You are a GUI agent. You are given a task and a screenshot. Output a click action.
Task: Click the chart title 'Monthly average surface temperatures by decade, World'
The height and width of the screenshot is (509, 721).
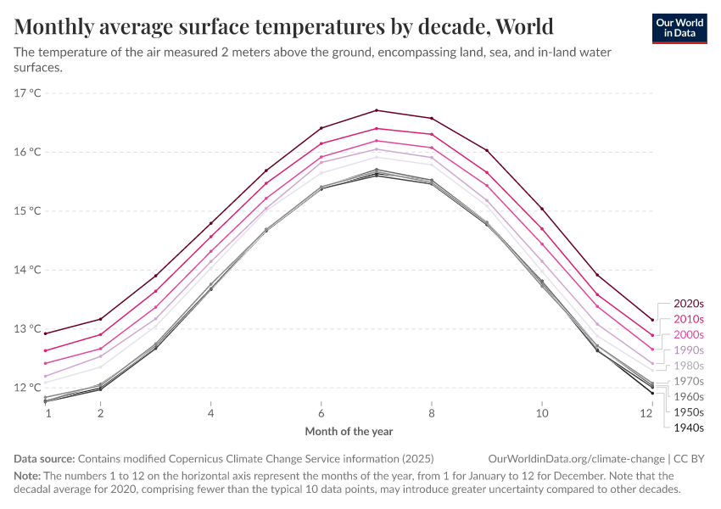284,25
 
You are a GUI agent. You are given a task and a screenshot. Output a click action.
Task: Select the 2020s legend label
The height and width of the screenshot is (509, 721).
689,303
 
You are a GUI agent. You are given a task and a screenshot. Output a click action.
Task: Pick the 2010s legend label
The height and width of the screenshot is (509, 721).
689,319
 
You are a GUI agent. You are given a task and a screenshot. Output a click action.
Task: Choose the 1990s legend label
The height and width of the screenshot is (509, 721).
689,350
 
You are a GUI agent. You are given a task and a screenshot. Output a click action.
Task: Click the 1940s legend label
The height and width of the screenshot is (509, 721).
689,427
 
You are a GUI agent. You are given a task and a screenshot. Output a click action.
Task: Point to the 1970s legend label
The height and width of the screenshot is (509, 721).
689,381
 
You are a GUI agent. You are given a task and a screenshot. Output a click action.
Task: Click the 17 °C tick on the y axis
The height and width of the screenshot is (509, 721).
28,92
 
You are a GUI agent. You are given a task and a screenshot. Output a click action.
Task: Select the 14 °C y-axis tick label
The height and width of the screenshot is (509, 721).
28,270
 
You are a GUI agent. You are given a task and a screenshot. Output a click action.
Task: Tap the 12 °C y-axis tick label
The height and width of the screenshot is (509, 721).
28,388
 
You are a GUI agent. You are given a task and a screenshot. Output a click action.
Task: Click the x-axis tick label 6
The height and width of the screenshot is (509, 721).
321,413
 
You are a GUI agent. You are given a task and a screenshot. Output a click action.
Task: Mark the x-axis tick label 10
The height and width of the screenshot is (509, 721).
541,413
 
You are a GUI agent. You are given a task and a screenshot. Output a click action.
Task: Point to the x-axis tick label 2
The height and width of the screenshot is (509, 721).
100,413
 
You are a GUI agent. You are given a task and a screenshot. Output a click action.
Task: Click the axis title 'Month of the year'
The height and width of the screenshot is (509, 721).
349,432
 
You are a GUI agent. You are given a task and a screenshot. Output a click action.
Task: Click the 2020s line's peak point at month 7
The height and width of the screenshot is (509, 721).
376,110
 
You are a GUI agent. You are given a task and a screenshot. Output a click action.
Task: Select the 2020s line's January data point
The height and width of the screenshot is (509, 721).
45,333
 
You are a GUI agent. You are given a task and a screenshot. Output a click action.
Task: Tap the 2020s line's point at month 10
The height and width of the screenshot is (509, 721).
541,209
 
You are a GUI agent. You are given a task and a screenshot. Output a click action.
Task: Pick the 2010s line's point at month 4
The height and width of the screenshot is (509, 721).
210,237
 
